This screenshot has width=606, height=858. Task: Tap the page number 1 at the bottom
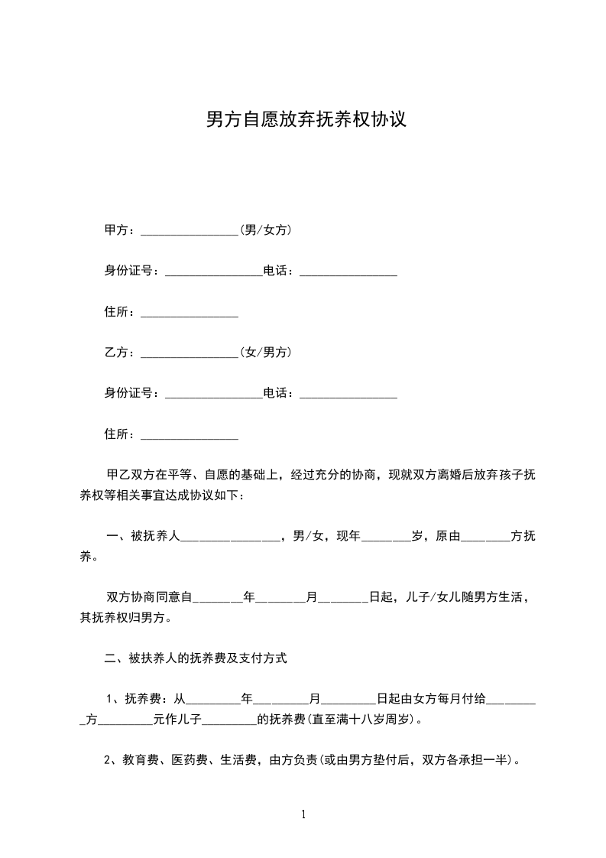[x=303, y=815]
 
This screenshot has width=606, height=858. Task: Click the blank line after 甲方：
[x=190, y=231]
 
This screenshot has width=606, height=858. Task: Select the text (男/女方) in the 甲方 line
[x=265, y=229]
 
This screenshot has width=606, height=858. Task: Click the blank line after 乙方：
[x=190, y=354]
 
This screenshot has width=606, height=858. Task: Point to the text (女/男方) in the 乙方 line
[x=265, y=353]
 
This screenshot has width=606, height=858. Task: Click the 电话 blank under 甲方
[x=348, y=272]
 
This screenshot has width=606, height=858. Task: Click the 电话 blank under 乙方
[x=348, y=395]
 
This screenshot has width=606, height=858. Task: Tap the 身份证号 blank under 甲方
[x=213, y=272]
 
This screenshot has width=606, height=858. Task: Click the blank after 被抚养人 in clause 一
[x=230, y=538]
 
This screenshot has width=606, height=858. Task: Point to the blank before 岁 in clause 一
[x=386, y=538]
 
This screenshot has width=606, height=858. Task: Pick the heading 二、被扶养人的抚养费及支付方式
[x=195, y=658]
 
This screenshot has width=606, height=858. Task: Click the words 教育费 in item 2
[x=136, y=761]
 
